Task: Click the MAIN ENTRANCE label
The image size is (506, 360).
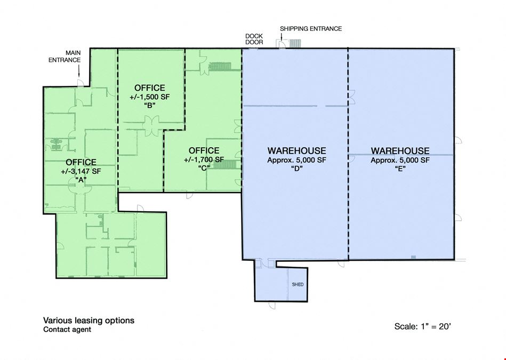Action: click(65, 56)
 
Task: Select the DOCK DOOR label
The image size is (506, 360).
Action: click(254, 39)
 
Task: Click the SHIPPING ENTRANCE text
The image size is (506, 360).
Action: click(311, 29)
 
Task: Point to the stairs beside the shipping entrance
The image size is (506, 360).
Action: click(295, 44)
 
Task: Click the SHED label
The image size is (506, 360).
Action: click(298, 284)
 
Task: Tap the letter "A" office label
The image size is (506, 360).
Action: click(81, 180)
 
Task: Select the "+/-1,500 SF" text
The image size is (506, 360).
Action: click(149, 97)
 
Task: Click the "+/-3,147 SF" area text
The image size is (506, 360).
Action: click(81, 171)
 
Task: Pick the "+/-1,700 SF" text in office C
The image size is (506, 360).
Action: click(204, 159)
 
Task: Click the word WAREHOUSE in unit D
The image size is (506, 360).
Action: click(296, 151)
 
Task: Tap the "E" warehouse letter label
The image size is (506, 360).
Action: click(400, 168)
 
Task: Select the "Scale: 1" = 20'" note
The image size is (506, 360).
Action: click(422, 326)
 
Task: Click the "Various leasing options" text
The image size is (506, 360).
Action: click(89, 321)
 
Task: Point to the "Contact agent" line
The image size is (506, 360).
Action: click(67, 330)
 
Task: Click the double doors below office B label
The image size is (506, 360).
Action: click(151, 123)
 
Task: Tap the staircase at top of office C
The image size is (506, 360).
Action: click(220, 67)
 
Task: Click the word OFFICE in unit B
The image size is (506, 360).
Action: click(149, 88)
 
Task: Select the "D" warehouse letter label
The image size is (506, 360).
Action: click(296, 168)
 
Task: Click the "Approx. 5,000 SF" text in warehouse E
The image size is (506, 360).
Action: click(400, 160)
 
